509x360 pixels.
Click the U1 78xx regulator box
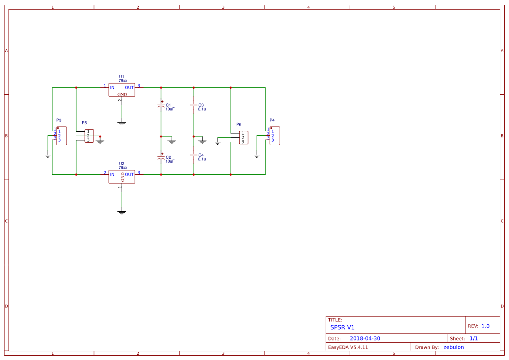coord(122,90)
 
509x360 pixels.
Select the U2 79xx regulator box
coord(122,177)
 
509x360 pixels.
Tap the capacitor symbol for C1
coord(161,106)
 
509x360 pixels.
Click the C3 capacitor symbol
coord(194,105)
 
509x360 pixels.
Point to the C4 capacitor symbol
coord(194,155)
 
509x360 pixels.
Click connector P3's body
coord(61,136)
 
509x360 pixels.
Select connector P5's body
coord(89,136)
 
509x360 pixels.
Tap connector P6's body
coord(244,138)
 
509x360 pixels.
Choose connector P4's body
coord(275,136)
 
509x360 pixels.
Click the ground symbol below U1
coord(122,123)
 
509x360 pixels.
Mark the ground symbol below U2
coord(122,212)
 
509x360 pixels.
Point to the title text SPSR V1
coord(342,327)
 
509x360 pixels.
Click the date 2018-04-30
coord(365,338)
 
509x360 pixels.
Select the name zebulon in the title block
coord(453,347)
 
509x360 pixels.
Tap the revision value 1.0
coord(485,326)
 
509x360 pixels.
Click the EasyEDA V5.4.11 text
coord(348,347)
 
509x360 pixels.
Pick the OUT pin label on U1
coord(129,87)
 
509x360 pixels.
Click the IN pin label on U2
coord(112,174)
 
